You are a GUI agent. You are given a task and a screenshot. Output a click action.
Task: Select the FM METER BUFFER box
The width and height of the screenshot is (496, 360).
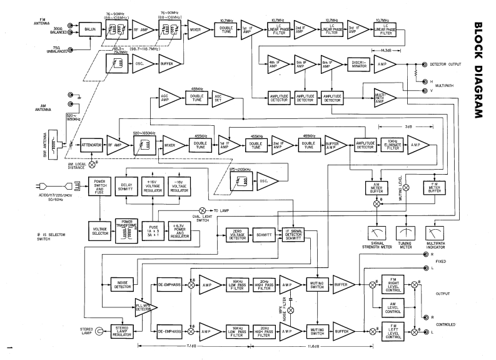tap(433, 187)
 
